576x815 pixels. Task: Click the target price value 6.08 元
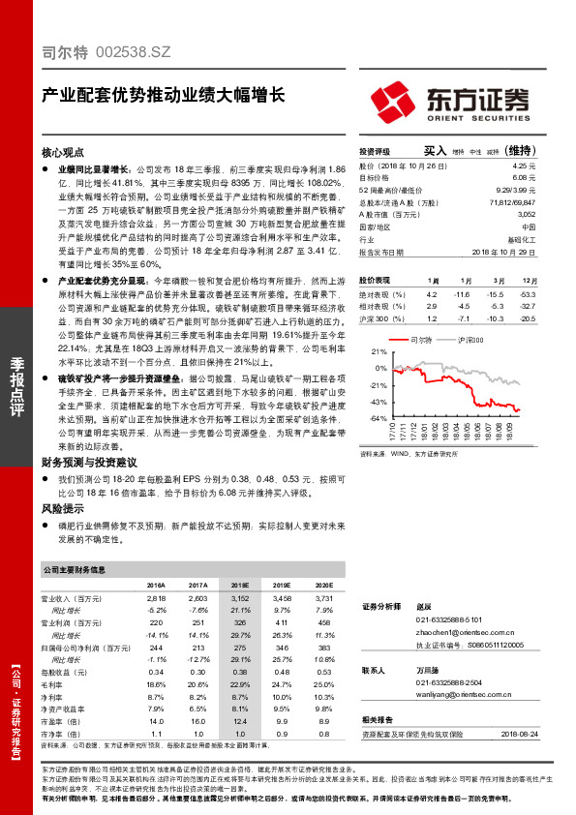pos(525,178)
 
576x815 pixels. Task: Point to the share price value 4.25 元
pos(525,166)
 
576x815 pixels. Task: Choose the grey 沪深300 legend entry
pos(470,341)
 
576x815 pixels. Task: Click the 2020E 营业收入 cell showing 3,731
pos(322,600)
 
